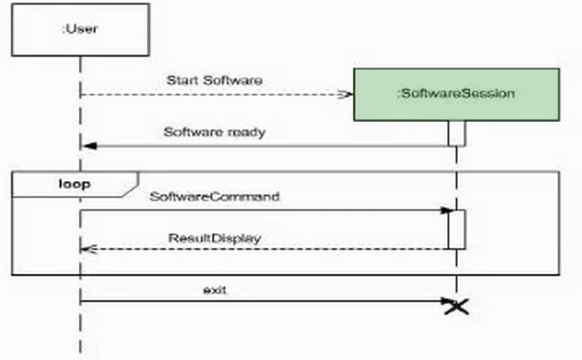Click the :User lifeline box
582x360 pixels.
(x=79, y=29)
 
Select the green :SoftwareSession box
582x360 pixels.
(x=457, y=93)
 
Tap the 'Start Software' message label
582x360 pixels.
(x=215, y=81)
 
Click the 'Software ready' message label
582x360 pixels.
(x=215, y=132)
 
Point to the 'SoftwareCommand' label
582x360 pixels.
(x=215, y=195)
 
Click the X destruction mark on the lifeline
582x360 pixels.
(x=457, y=306)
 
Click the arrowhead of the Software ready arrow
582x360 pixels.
(x=88, y=145)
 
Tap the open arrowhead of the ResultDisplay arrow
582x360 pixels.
(x=88, y=250)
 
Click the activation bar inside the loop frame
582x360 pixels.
(x=457, y=229)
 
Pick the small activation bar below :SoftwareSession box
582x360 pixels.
(x=457, y=133)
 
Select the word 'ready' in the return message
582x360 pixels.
(x=248, y=132)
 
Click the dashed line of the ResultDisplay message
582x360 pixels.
(x=269, y=250)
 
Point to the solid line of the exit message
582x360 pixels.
(x=269, y=301)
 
